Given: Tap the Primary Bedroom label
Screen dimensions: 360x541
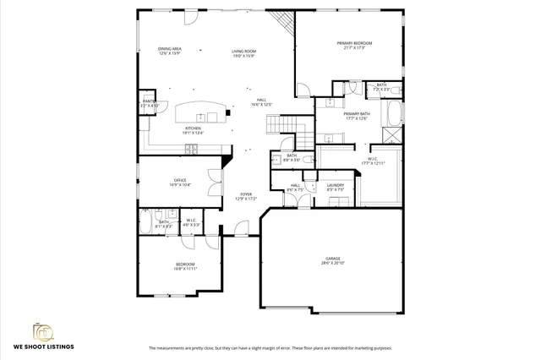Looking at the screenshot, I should tap(355, 46).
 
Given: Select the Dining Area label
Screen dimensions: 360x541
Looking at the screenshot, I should tap(171, 52).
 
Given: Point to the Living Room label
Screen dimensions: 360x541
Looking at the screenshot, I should tap(244, 54).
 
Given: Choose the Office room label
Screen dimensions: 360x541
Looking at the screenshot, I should tap(180, 182).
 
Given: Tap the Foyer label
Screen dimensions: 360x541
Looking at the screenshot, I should tap(245, 196).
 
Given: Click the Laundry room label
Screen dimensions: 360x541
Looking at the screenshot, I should tap(334, 187).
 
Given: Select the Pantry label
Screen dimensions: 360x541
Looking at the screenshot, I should tap(149, 103).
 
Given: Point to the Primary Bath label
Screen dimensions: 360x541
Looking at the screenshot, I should tap(356, 116).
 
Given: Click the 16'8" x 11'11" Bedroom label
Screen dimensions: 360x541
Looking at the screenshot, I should tap(186, 267).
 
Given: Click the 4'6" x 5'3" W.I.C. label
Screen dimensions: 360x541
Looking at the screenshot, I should tap(191, 222).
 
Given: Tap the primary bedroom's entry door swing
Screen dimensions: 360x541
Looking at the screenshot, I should tap(305, 91).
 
